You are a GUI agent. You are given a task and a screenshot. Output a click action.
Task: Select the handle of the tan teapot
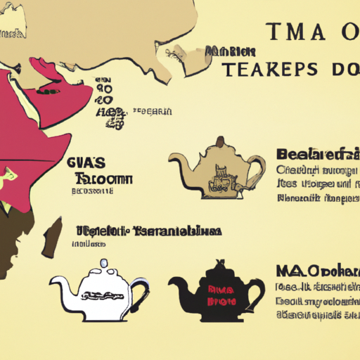click(x=257, y=169)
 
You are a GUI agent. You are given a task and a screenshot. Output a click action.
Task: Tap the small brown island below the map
click(x=51, y=240)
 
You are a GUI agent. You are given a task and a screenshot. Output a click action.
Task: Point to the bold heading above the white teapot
click(x=148, y=231)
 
